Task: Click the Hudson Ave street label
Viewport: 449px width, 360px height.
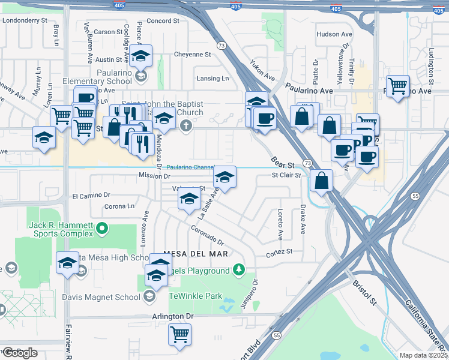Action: tap(334, 35)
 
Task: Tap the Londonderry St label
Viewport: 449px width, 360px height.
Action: tap(25, 20)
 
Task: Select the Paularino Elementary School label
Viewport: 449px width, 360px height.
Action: tap(97, 81)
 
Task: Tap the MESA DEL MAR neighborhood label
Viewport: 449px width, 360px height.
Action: tap(187, 254)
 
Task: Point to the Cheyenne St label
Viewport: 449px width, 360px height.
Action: tap(192, 54)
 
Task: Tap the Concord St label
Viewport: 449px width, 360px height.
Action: tap(163, 20)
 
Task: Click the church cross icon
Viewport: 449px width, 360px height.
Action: tap(186, 126)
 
